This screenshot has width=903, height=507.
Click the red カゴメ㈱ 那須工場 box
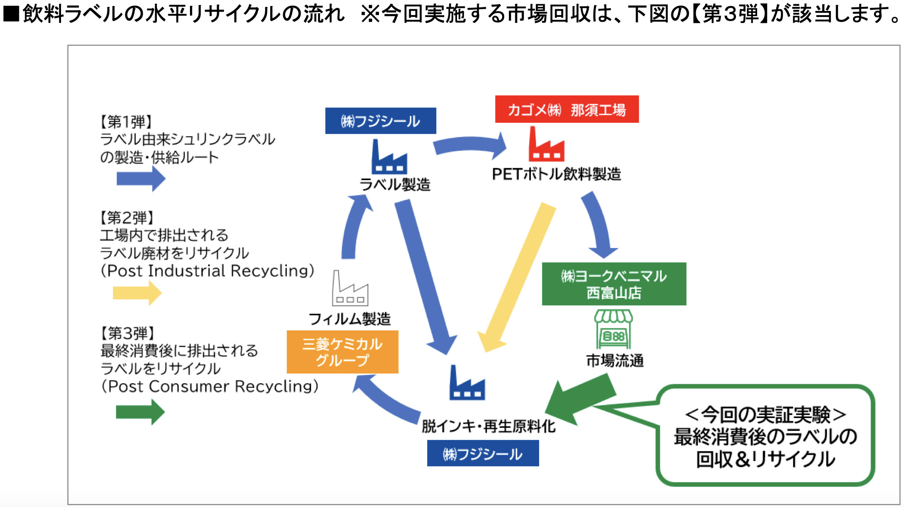(x=566, y=109)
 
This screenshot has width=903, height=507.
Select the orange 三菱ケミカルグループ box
(x=342, y=352)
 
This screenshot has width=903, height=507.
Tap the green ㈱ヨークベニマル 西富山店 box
(x=613, y=284)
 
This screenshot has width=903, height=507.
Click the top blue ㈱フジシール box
(x=380, y=121)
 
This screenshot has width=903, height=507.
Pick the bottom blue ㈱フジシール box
(x=483, y=453)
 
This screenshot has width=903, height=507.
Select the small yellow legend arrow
(x=137, y=293)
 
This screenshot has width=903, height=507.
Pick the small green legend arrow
(x=140, y=412)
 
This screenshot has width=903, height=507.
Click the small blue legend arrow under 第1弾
(x=140, y=178)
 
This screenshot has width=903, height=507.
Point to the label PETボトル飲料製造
(x=556, y=174)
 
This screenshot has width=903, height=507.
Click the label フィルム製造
(x=349, y=319)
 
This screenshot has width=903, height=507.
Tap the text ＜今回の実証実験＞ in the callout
(x=765, y=414)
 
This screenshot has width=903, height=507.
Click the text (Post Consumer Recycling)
(x=210, y=386)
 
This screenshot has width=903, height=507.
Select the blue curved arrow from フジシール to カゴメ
(x=470, y=144)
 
